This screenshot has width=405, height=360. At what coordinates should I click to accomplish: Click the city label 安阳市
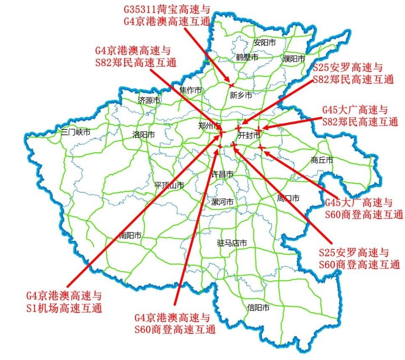click(264, 42)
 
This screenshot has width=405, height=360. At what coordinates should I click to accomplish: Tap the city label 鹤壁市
click(247, 57)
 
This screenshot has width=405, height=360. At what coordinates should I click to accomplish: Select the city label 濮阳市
click(293, 58)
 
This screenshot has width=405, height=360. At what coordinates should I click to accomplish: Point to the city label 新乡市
click(241, 95)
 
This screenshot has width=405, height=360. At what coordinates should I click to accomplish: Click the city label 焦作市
click(191, 90)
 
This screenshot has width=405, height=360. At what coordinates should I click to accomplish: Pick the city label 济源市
click(149, 101)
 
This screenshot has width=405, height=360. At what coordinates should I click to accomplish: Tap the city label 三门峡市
click(76, 132)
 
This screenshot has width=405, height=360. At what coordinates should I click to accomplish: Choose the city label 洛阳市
click(143, 135)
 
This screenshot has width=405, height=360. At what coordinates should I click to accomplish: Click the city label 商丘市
click(322, 160)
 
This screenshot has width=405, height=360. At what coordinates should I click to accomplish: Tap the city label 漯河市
click(222, 202)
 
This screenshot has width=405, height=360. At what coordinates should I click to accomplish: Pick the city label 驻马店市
click(232, 243)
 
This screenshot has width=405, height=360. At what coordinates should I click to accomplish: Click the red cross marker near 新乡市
click(231, 85)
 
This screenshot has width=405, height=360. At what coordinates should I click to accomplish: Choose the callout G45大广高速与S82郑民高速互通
click(360, 116)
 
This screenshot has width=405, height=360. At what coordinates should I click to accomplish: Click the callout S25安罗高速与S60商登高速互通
click(359, 259)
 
